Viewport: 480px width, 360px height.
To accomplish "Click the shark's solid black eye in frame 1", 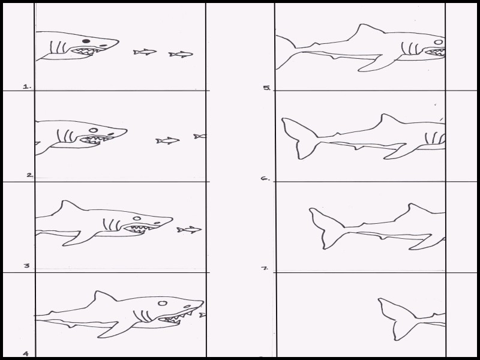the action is (86, 41).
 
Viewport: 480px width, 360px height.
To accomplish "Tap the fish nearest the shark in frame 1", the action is (145, 52).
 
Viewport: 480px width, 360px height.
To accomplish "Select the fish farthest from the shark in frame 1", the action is (181, 54).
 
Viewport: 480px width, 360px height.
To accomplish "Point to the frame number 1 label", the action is (27, 86).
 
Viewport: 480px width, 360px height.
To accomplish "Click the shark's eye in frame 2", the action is (94, 130).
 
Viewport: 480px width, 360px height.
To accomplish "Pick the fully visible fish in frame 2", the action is (167, 140).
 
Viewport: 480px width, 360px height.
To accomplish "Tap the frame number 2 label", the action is (29, 175).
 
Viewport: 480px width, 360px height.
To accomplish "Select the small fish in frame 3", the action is (189, 230).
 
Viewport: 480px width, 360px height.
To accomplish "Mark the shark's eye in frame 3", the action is (137, 218).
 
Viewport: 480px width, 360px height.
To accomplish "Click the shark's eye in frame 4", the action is (163, 304).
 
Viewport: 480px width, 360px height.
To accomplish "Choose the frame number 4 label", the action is (26, 353).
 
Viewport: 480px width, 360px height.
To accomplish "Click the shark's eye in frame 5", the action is (439, 42).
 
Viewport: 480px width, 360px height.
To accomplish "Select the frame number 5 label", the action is (267, 88).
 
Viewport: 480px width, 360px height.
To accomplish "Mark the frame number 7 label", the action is (265, 268).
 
